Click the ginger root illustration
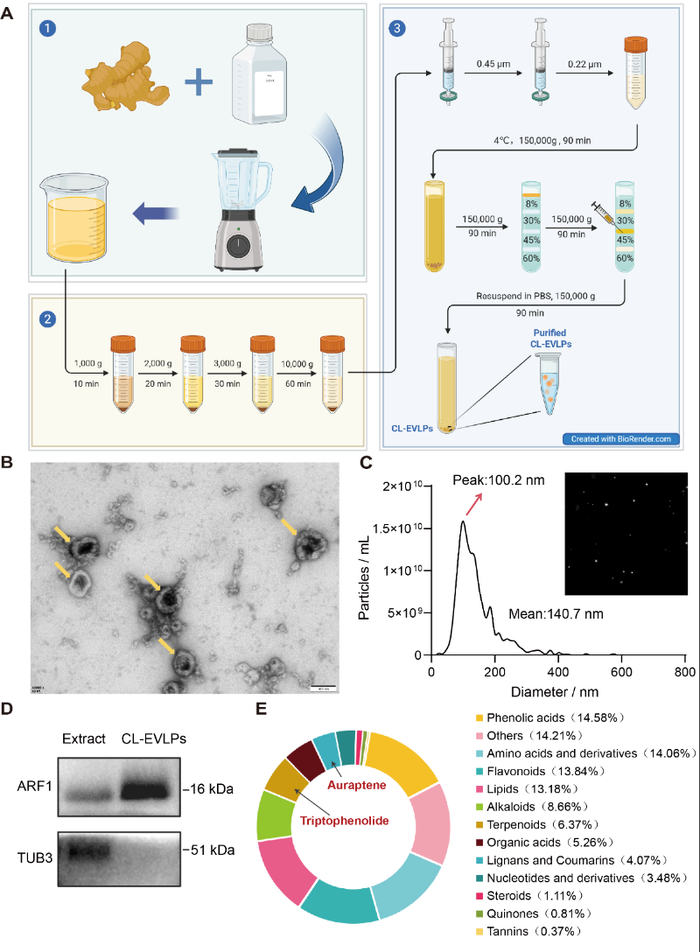(x=127, y=80)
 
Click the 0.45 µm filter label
(x=488, y=62)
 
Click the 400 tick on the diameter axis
(x=558, y=671)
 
